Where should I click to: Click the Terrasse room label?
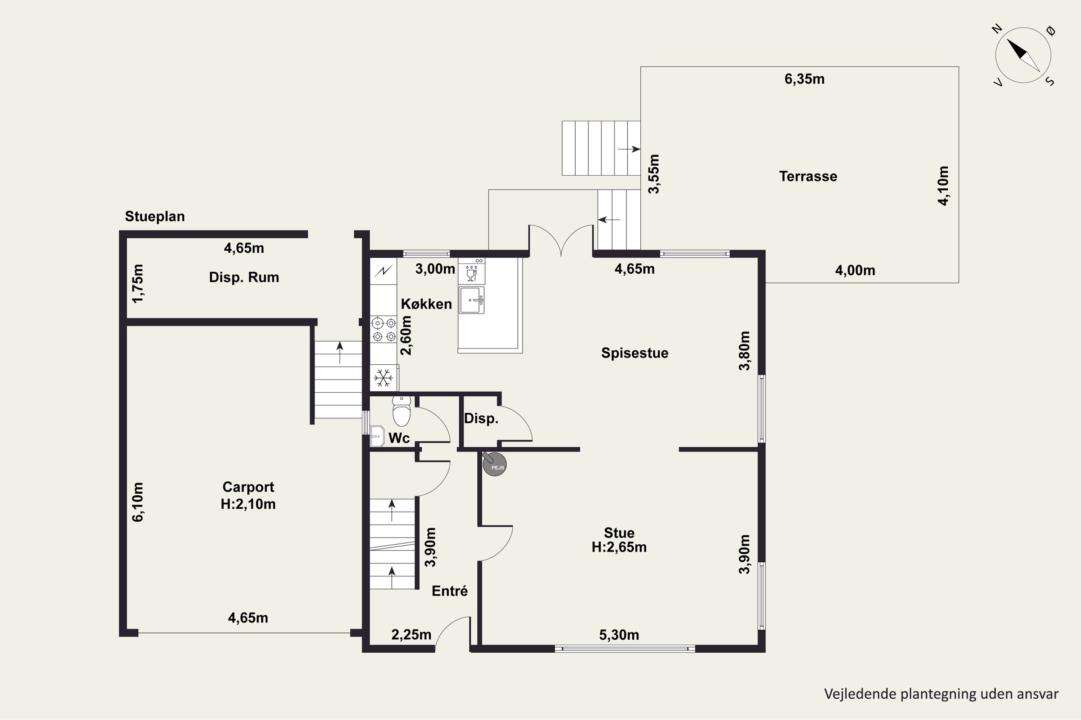(808, 176)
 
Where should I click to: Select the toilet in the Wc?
(401, 411)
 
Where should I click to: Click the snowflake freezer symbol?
(383, 378)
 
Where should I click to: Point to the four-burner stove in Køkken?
(384, 330)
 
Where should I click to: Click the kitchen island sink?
(472, 300)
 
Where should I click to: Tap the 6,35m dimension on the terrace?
(804, 79)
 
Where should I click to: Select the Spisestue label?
(635, 353)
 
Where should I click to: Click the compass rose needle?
(1023, 55)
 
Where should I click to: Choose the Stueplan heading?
(155, 216)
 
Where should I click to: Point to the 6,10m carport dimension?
(138, 502)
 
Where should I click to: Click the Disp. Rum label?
(244, 277)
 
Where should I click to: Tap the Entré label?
(449, 591)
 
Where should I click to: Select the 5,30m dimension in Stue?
(619, 635)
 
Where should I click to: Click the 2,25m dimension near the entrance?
(412, 635)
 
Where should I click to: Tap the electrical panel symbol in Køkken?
(383, 271)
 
